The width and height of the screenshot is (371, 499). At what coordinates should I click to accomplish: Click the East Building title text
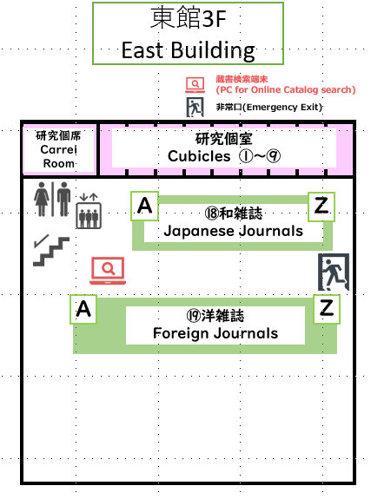(x=188, y=50)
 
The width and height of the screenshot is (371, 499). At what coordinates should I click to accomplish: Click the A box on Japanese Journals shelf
(x=145, y=206)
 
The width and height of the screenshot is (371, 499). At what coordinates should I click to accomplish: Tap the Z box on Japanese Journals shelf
(x=321, y=207)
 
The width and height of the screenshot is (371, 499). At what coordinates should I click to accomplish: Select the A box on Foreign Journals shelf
(x=83, y=309)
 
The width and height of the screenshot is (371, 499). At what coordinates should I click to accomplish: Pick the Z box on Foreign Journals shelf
(x=327, y=309)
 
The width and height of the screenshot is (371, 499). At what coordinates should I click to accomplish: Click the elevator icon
(x=89, y=211)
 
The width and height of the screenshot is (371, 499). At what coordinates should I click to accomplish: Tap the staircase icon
(x=51, y=251)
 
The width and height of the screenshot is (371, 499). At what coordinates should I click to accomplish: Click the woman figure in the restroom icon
(x=42, y=200)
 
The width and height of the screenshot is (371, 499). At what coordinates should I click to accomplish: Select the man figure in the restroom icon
(x=63, y=200)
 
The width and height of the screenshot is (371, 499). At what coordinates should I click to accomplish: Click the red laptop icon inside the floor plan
(x=108, y=271)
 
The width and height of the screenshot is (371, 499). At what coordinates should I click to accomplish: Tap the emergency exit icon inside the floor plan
(x=334, y=272)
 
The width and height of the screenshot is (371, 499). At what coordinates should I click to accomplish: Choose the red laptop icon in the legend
(x=195, y=85)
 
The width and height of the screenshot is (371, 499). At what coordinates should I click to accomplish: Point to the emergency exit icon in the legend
(x=195, y=107)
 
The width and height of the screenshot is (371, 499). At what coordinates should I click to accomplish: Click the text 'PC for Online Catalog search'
(x=286, y=89)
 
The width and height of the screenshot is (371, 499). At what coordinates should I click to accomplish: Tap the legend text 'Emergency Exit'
(x=282, y=107)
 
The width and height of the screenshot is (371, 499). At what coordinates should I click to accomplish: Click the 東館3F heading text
(x=188, y=18)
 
